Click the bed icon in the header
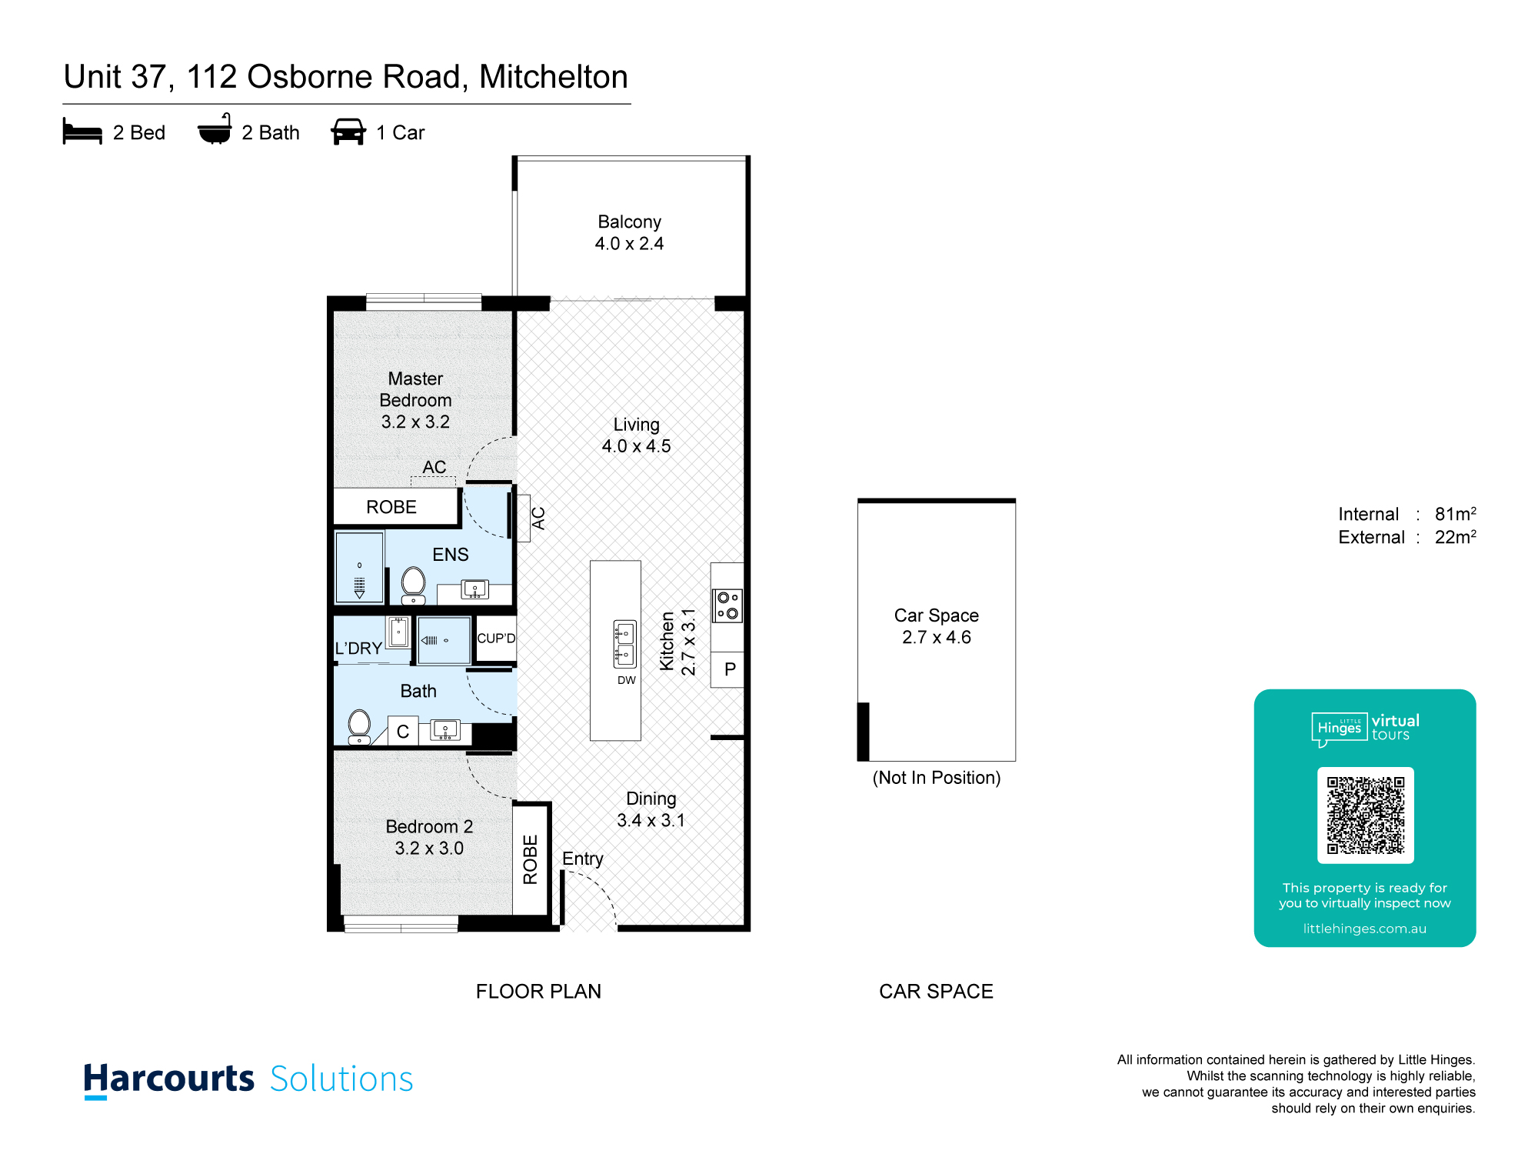(x=82, y=132)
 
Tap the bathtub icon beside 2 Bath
(x=215, y=129)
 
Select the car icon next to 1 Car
(x=348, y=132)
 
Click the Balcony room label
(x=630, y=222)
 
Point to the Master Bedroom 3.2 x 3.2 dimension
(x=415, y=422)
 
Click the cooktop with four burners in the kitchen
(x=727, y=605)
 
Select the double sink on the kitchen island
(x=624, y=644)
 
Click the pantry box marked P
(x=727, y=669)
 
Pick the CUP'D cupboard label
(x=496, y=639)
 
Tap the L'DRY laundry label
(x=358, y=649)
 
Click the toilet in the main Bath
(x=359, y=727)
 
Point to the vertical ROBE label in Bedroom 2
(x=530, y=859)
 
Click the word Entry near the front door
(x=583, y=859)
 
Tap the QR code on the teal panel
(x=1366, y=815)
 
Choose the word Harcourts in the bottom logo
(x=168, y=1079)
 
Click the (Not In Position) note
(x=937, y=778)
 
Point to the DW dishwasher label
(x=627, y=680)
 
